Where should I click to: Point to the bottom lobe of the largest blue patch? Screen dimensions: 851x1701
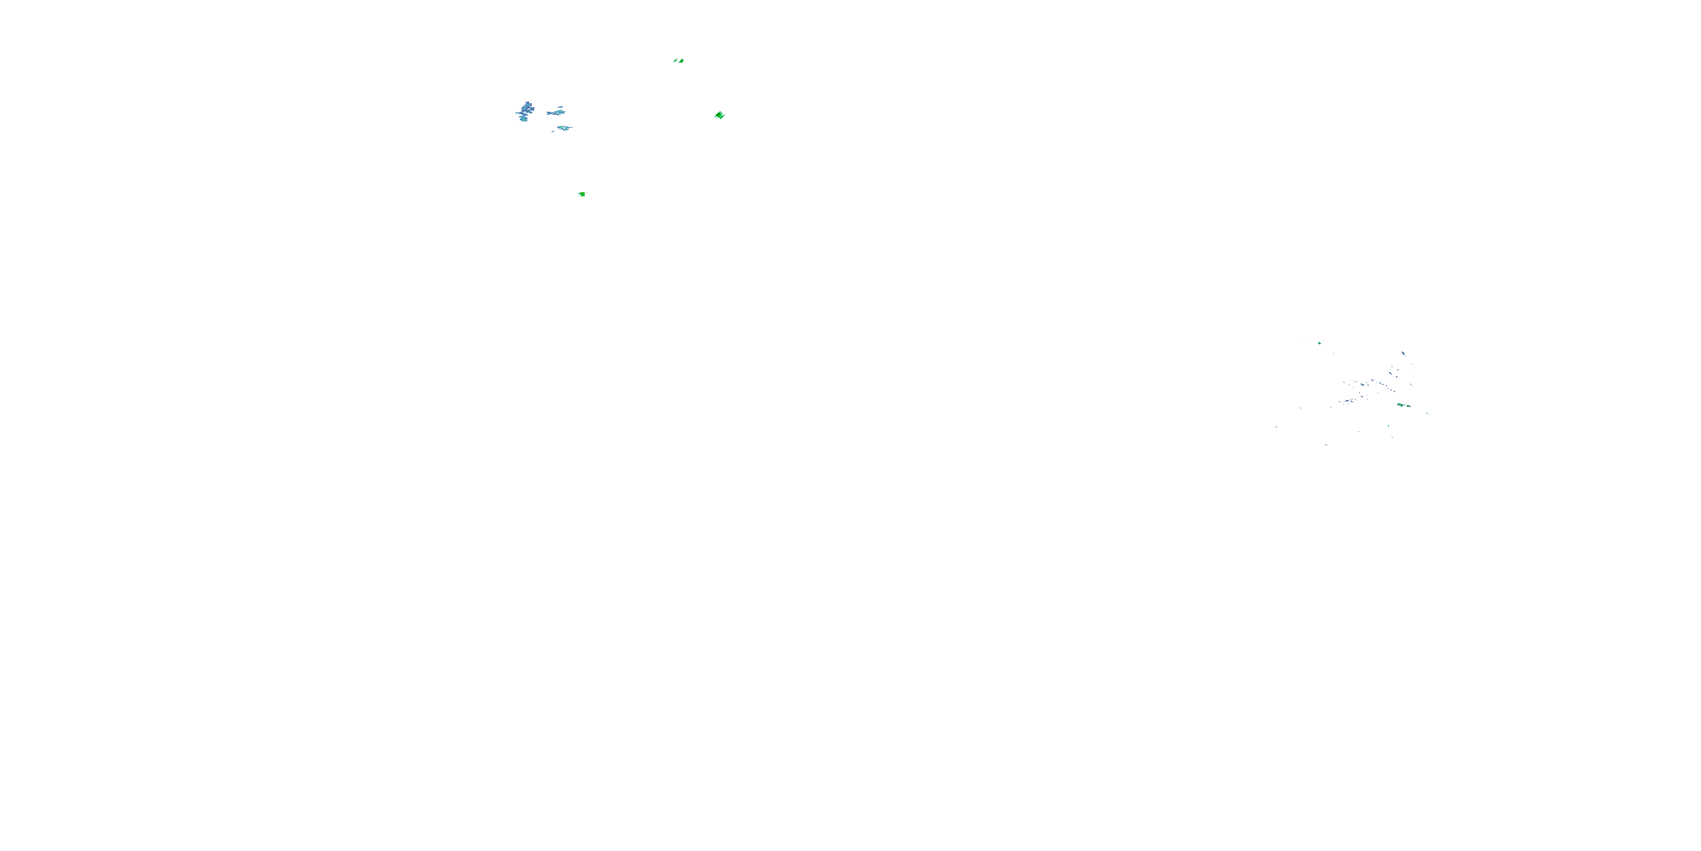coord(524,119)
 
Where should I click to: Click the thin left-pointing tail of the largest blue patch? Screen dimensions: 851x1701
coord(517,113)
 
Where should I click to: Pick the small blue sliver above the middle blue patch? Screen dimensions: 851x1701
coord(561,107)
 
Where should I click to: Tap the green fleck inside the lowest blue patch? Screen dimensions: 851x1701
coord(561,127)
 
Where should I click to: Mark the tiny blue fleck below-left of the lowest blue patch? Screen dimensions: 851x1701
coord(553,132)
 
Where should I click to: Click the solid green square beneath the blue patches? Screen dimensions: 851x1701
coord(582,194)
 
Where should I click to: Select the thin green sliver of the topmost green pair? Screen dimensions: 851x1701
coord(675,61)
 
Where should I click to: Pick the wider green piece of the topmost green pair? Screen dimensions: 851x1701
coord(681,61)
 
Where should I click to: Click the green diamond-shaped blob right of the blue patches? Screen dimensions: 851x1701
coord(719,115)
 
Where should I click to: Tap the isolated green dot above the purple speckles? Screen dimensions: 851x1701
coord(1320,344)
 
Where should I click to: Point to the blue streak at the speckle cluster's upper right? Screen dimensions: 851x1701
coord(1403,353)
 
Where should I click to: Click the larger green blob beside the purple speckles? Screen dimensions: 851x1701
coord(1400,405)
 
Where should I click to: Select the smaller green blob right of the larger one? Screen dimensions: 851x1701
coord(1408,406)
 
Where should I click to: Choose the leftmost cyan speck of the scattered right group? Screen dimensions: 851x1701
coord(1276,427)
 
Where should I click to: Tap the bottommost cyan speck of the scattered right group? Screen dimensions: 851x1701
coord(1326,445)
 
